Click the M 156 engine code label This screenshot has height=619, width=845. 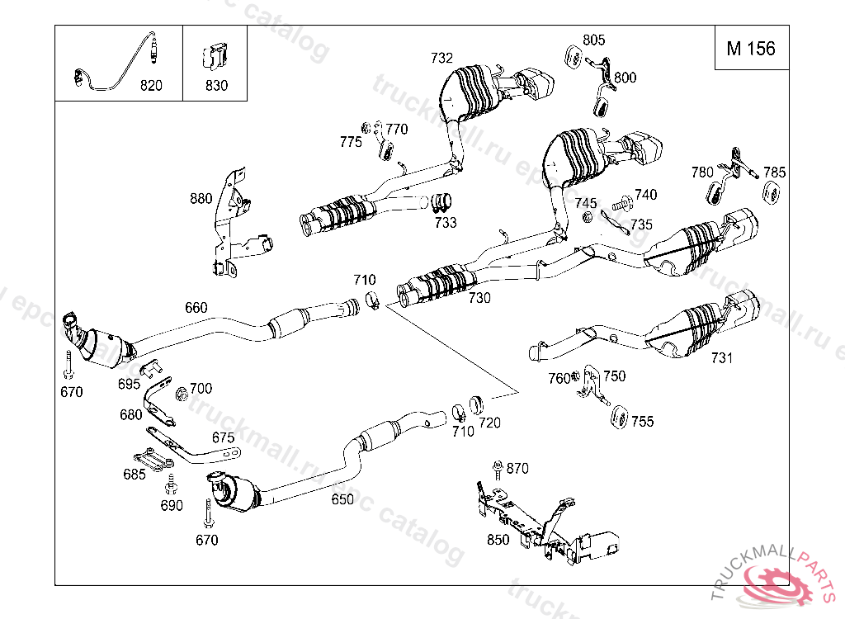tap(751, 49)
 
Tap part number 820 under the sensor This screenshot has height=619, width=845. tap(152, 85)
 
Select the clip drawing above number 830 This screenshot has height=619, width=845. tap(215, 57)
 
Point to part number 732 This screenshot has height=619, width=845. tap(441, 58)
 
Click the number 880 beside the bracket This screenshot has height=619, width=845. tap(201, 198)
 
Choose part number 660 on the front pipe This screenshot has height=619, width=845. tap(196, 307)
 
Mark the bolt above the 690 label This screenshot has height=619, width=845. tap(172, 484)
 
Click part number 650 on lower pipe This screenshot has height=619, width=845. tap(342, 499)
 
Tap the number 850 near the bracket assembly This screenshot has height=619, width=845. tap(498, 540)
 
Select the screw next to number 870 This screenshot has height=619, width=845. tap(498, 470)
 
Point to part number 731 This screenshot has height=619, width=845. tap(721, 357)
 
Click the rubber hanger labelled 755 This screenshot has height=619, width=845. tap(618, 418)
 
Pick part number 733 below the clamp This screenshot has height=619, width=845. tap(446, 222)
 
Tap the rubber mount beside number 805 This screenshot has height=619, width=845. tap(573, 57)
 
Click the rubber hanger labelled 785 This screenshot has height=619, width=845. tap(772, 191)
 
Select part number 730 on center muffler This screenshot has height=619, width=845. tap(479, 298)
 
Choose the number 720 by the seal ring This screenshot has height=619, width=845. tap(489, 423)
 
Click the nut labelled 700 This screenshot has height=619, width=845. tap(182, 395)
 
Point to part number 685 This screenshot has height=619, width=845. tap(135, 474)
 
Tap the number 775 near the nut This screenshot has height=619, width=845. tap(351, 142)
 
